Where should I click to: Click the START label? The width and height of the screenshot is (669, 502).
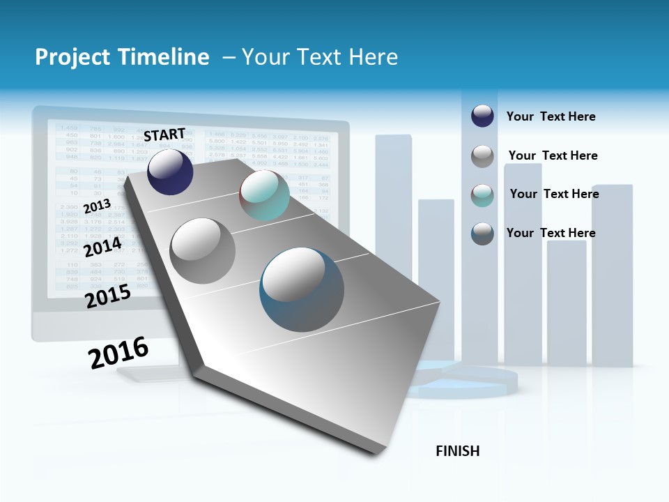(x=164, y=134)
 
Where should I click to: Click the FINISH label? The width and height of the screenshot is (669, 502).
(x=457, y=451)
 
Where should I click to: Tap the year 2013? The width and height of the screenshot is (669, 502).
(x=97, y=206)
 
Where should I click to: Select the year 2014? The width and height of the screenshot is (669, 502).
(x=102, y=247)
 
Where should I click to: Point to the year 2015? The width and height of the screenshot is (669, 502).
(x=108, y=296)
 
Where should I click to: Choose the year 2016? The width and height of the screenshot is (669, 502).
(x=118, y=352)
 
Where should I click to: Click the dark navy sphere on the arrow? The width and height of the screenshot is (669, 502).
(x=170, y=172)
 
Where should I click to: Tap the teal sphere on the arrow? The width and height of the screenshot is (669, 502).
(x=264, y=196)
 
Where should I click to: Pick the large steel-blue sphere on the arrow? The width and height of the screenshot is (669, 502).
(x=302, y=290)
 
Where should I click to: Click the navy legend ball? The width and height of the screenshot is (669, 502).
(x=482, y=116)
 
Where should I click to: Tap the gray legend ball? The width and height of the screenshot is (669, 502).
(x=482, y=156)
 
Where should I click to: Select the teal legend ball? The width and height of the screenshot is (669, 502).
(x=482, y=195)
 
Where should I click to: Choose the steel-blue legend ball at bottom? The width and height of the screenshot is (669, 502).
(x=482, y=234)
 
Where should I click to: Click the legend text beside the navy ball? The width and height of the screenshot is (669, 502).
(x=551, y=116)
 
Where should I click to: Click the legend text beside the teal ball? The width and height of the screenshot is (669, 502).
(x=554, y=194)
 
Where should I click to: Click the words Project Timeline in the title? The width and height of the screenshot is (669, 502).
(x=122, y=57)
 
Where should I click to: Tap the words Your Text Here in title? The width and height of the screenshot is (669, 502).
(x=319, y=57)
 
